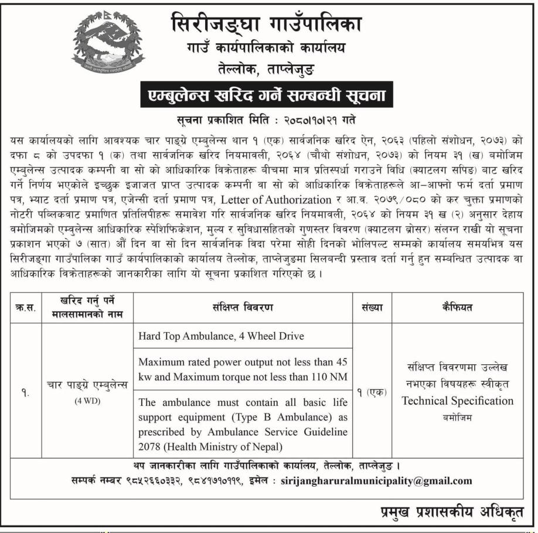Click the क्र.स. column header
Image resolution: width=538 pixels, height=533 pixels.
pos(26,307)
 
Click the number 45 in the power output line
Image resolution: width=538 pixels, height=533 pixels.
pos(342,361)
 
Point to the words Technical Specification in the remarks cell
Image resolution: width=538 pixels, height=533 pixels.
pos(457,401)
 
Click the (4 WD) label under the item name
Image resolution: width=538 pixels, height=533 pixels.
pos(88,401)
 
